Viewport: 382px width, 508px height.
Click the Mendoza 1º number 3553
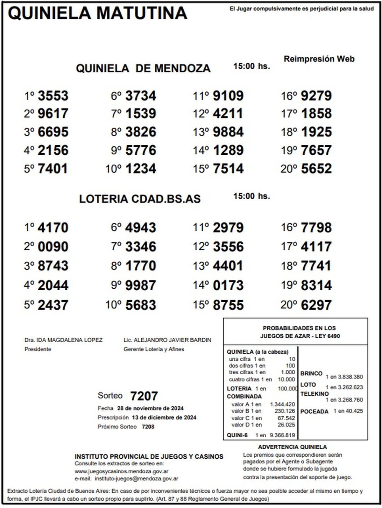coord(53,96)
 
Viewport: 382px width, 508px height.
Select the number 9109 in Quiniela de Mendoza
coord(228,96)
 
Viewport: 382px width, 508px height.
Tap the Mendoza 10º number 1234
coord(141,169)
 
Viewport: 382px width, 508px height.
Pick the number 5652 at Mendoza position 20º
coord(316,169)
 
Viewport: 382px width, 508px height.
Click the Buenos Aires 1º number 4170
coord(53,228)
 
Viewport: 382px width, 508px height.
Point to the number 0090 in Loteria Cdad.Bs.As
coord(53,247)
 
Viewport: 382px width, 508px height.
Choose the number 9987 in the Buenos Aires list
coord(141,286)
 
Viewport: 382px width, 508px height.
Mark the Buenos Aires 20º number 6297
coord(316,305)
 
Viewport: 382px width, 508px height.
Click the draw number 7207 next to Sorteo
coord(144,396)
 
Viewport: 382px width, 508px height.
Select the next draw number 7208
coord(148,427)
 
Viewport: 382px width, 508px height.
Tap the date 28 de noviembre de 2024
coord(150,408)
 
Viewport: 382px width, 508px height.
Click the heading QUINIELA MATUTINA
coord(97,13)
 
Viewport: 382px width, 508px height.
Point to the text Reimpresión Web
coord(319,59)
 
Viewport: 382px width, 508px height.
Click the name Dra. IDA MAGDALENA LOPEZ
coord(63,340)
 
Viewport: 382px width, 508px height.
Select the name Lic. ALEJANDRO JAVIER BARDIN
coord(167,340)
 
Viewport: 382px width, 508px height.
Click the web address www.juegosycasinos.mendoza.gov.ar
coord(122,471)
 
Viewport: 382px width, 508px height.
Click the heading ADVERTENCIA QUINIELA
coord(292,447)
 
